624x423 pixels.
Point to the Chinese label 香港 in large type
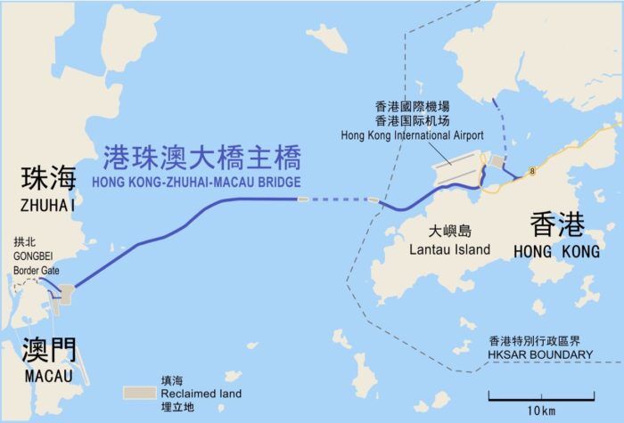click(x=557, y=224)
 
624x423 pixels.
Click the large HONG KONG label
click(x=557, y=252)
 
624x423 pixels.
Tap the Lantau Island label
click(x=449, y=250)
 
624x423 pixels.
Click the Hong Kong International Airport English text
click(x=412, y=135)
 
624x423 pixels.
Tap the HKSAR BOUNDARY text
click(x=540, y=354)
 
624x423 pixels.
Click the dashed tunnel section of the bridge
click(x=339, y=199)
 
